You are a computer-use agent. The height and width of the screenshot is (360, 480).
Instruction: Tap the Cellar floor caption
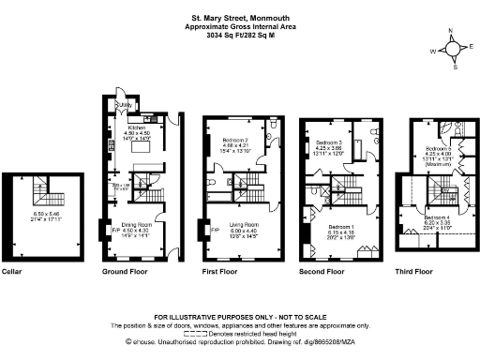[x=16, y=271]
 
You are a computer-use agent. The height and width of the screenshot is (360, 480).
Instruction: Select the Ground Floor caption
[x=125, y=271]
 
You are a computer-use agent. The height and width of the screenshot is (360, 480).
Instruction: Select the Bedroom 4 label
[x=440, y=217]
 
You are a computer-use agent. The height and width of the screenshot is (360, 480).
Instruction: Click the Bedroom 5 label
[x=439, y=149]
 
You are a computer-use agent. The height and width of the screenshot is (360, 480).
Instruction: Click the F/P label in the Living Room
[x=215, y=228]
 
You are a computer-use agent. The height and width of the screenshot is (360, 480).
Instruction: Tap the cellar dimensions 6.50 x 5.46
[x=46, y=214]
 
